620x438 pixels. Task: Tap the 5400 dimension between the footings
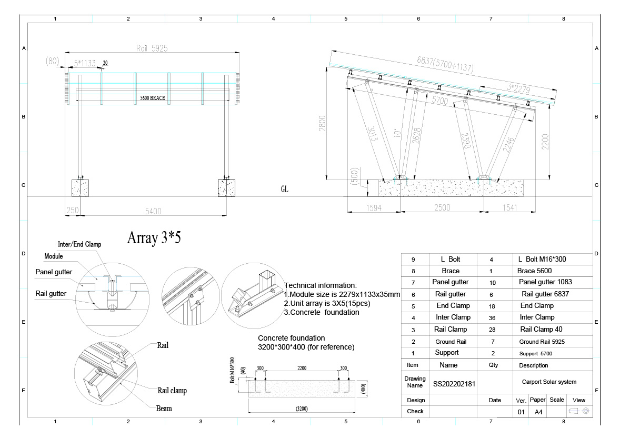(x=153, y=211)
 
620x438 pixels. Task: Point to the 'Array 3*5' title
(x=154, y=238)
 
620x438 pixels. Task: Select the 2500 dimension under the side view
(x=442, y=208)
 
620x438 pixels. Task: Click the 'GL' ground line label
(x=285, y=189)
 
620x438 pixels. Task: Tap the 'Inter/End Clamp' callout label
(x=79, y=244)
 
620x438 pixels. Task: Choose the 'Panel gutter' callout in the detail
(x=54, y=272)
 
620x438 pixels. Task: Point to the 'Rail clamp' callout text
(x=172, y=391)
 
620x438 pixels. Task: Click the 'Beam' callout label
(x=164, y=408)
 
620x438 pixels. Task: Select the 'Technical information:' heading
(x=320, y=285)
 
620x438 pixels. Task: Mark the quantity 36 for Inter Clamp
(x=491, y=317)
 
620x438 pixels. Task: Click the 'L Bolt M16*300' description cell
(x=542, y=260)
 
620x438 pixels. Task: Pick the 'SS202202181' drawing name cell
(x=454, y=384)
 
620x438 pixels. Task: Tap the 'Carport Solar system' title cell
(x=549, y=382)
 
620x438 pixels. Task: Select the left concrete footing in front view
(x=80, y=188)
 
